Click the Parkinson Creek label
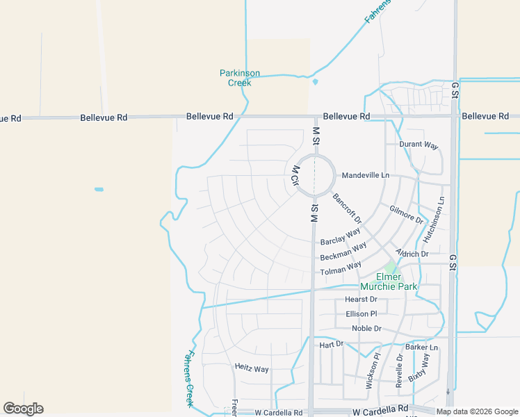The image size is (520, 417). pyautogui.click(x=240, y=78)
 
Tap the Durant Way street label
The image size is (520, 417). pyautogui.click(x=419, y=145)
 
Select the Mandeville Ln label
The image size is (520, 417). pyautogui.click(x=365, y=175)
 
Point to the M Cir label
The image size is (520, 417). pyautogui.click(x=295, y=175)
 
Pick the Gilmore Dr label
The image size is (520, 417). pyautogui.click(x=407, y=214)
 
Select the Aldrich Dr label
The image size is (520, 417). pyautogui.click(x=412, y=254)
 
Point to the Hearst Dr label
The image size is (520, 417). pyautogui.click(x=361, y=300)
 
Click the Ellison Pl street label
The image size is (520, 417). pyautogui.click(x=361, y=314)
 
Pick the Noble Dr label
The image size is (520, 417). pyautogui.click(x=366, y=329)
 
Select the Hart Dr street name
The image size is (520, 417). pyautogui.click(x=332, y=345)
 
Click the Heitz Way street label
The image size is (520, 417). pyautogui.click(x=252, y=368)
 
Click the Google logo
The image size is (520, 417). pyautogui.click(x=23, y=409)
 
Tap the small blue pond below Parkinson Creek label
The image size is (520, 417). pyautogui.click(x=315, y=82)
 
